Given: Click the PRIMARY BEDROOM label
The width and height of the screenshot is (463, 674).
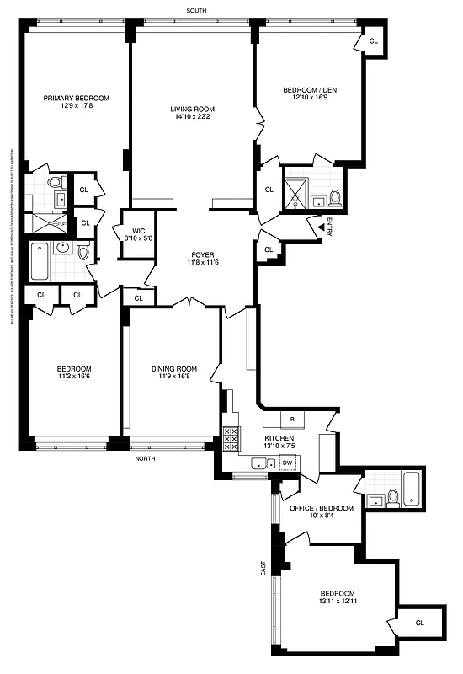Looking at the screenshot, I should [x=77, y=98].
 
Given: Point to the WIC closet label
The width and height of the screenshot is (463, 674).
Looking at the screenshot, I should [x=134, y=229].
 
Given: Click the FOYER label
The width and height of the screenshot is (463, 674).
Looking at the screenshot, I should [x=202, y=254].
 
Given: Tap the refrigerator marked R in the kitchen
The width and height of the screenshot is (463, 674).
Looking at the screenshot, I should [x=291, y=419].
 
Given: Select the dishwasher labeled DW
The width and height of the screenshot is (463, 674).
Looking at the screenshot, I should [x=287, y=463].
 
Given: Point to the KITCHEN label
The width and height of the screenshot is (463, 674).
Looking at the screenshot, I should [x=279, y=439].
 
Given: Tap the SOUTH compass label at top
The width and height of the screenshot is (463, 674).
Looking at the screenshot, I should [x=197, y=10].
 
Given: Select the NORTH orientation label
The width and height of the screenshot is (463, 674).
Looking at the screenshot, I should [x=148, y=458].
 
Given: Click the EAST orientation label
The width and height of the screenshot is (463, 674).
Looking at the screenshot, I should [x=263, y=569].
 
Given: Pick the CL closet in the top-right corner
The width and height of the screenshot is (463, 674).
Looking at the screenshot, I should [x=374, y=40].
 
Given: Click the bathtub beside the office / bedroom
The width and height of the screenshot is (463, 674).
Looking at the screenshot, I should [x=412, y=489].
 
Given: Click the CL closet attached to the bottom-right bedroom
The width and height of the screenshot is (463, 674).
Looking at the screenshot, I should [x=419, y=623].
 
